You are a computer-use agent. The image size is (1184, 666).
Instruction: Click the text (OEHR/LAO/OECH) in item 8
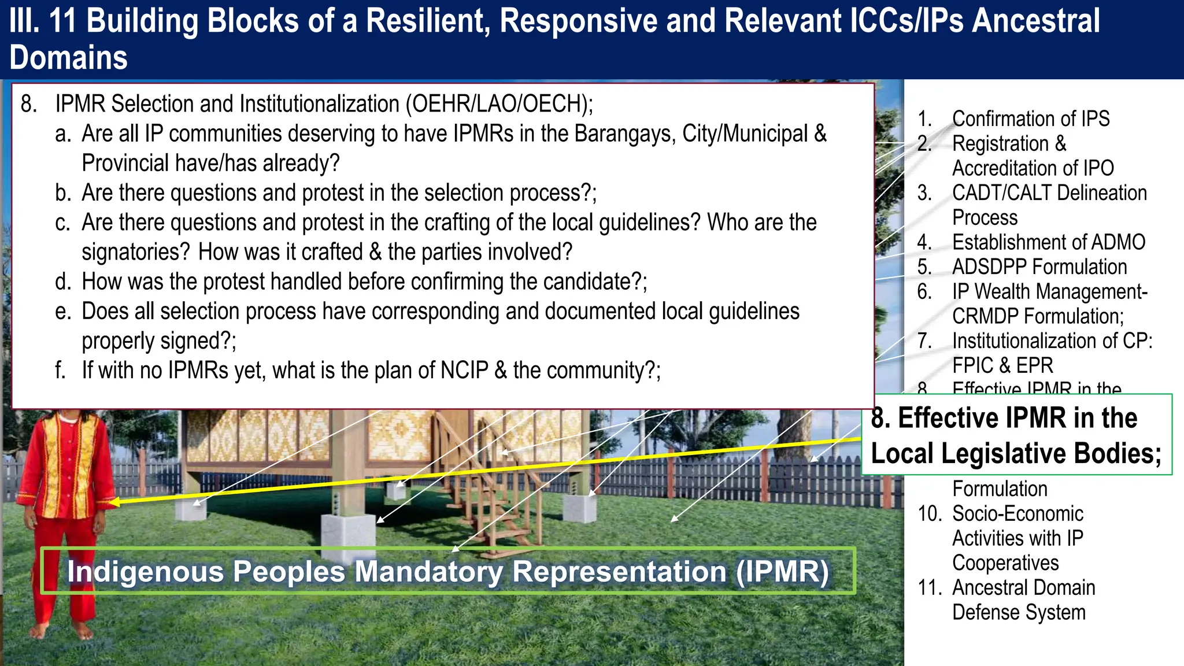pos(499,104)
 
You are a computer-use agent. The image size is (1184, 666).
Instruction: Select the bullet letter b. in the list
pos(63,193)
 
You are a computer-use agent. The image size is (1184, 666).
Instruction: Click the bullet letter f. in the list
pos(61,371)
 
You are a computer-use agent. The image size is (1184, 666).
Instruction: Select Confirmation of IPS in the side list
pos(1030,119)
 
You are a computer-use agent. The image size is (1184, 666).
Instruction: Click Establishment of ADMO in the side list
pos(1048,242)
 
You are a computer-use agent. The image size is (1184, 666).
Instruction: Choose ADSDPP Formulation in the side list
pos(1039,267)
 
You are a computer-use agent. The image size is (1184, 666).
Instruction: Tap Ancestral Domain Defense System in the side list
pos(1023,600)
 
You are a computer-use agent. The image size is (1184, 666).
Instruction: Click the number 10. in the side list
pos(930,514)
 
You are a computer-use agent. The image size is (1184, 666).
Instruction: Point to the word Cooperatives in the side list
pos(1005,563)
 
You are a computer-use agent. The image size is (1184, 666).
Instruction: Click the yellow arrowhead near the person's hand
pos(114,502)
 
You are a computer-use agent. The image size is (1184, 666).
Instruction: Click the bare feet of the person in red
pos(61,630)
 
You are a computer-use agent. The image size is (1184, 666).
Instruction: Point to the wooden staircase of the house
pos(491,491)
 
